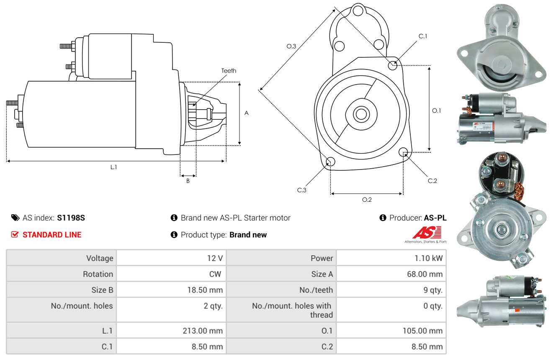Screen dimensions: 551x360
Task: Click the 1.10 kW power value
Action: [x=428, y=258]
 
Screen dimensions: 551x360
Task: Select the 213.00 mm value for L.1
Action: [x=203, y=331]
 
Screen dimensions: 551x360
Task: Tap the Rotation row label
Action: [x=98, y=274]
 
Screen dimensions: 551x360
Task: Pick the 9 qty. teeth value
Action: [x=433, y=290]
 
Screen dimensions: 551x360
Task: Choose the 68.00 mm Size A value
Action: [x=425, y=274]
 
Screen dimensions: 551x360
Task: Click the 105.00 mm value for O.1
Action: [x=422, y=331]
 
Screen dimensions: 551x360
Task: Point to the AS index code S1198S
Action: [x=71, y=218]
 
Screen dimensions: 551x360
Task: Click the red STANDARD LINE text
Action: [x=52, y=235]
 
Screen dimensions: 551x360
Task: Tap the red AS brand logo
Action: [x=427, y=233]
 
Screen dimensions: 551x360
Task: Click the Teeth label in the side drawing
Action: [x=229, y=71]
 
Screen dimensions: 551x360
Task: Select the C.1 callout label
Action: [x=422, y=36]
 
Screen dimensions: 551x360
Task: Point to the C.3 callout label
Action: [x=301, y=190]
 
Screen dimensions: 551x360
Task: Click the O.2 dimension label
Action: [x=367, y=200]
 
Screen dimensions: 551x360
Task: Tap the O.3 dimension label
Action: [x=291, y=46]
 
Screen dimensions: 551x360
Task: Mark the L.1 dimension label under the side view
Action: [x=113, y=167]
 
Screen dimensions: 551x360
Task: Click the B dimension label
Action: [x=188, y=181]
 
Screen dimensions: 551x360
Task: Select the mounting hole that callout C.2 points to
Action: [x=403, y=152]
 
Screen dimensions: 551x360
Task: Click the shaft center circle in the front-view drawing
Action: [x=361, y=114]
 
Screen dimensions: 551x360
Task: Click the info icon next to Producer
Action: [x=383, y=218]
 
